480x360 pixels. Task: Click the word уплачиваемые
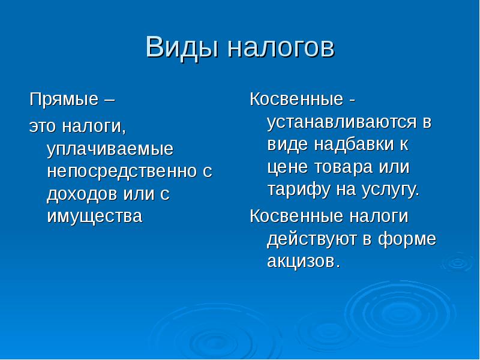click(110, 149)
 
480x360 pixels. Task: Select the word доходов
click(83, 193)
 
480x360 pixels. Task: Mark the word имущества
click(94, 215)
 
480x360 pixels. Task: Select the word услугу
click(391, 190)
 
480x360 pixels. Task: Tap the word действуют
click(312, 239)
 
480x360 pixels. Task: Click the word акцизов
click(302, 261)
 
